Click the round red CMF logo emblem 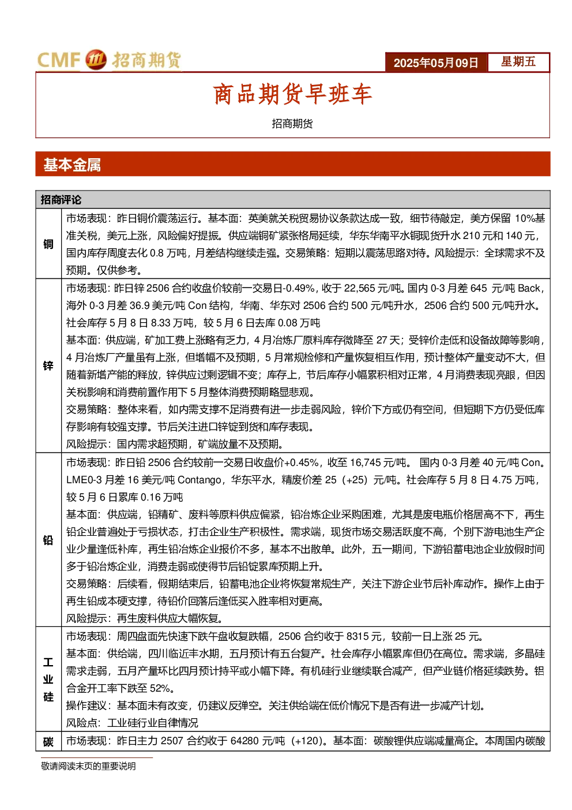[x=96, y=59]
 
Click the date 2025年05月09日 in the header [x=435, y=63]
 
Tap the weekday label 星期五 [x=518, y=62]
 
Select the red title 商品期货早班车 [x=292, y=94]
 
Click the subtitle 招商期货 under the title [x=292, y=124]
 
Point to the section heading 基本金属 [x=72, y=165]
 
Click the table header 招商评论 [x=61, y=200]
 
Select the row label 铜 [x=48, y=244]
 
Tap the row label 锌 [x=48, y=365]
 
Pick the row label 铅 [x=48, y=540]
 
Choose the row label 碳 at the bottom [x=48, y=742]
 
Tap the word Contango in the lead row [x=200, y=480]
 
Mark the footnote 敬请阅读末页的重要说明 [x=88, y=766]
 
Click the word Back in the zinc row [x=529, y=288]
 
